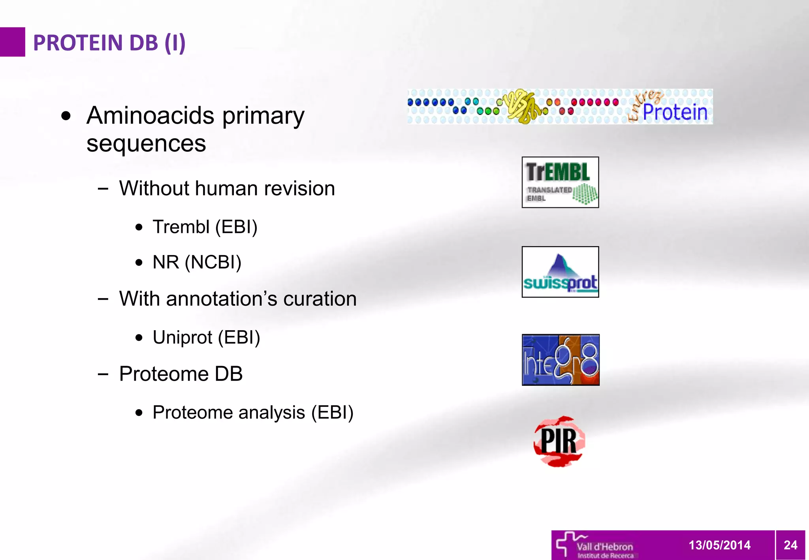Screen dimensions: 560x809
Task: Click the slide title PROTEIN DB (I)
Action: tap(109, 43)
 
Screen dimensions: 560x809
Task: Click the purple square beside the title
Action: tap(12, 42)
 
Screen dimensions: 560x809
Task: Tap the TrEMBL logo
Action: tap(560, 182)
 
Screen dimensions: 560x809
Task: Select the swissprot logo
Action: tap(560, 272)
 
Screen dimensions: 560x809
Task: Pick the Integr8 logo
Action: tap(561, 360)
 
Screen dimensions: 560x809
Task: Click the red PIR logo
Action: tap(559, 441)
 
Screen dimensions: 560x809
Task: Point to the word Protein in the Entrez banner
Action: tap(675, 112)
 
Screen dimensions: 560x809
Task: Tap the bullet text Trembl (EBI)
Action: tap(205, 227)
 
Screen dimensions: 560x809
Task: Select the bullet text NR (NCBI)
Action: tap(197, 262)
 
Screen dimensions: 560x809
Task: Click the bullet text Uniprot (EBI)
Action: tap(206, 337)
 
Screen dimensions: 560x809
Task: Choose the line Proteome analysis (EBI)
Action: tap(253, 412)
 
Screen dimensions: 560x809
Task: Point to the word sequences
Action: tap(146, 143)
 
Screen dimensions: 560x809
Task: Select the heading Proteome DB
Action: tap(181, 374)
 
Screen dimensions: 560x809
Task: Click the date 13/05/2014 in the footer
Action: tap(719, 545)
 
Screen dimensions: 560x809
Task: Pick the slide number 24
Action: tap(790, 545)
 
